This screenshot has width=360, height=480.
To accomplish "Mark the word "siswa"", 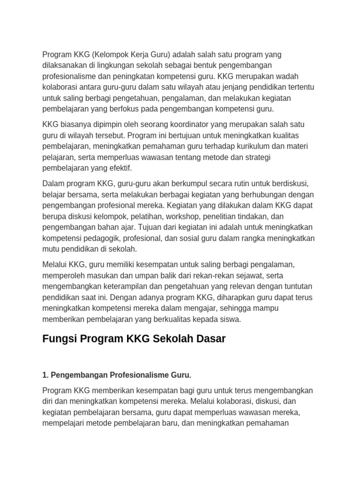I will pos(230,319).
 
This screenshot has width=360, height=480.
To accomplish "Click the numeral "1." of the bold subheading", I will pos(45,375).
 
